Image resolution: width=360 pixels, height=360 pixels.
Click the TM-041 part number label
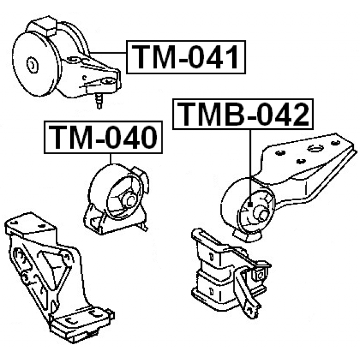[x=186, y=57]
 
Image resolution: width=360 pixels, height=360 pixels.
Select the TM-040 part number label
[x=103, y=137]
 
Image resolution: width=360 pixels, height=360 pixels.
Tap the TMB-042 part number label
[x=243, y=114]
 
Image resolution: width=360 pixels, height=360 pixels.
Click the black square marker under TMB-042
[x=250, y=204]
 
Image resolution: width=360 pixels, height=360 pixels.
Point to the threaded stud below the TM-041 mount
[x=99, y=100]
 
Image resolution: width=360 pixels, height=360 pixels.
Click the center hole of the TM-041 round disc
[x=32, y=65]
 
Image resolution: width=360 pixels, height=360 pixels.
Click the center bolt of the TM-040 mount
[x=130, y=200]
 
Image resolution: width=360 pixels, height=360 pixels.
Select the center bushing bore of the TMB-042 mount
[x=263, y=215]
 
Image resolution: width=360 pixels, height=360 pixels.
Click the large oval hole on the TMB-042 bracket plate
[x=316, y=148]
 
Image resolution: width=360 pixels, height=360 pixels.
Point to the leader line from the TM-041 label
[x=108, y=53]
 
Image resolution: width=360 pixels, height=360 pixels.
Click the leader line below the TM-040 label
[x=110, y=159]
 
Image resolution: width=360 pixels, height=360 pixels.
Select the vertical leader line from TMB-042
[x=250, y=166]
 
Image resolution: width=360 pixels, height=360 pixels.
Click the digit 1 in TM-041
[x=231, y=57]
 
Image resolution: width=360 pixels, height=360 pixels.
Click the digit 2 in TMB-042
[x=298, y=114]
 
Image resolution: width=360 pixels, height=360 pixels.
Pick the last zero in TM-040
[x=146, y=137]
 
